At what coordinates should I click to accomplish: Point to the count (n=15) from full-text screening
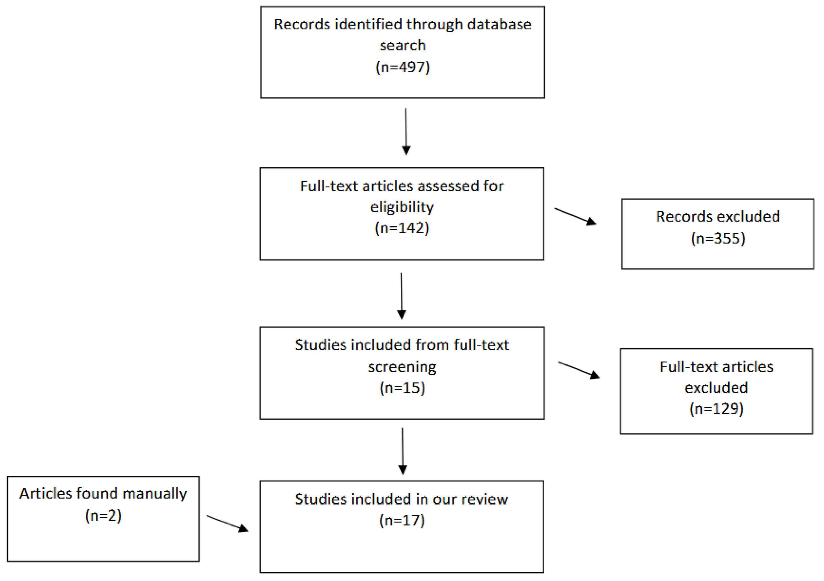[402, 388]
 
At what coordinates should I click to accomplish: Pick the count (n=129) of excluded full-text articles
[716, 409]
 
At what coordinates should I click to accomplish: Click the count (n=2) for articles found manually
[103, 516]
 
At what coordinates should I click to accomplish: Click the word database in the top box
[499, 24]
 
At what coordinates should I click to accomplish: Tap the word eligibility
[402, 207]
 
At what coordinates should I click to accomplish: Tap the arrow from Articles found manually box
[227, 523]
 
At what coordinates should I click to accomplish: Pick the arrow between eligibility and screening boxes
[401, 296]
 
